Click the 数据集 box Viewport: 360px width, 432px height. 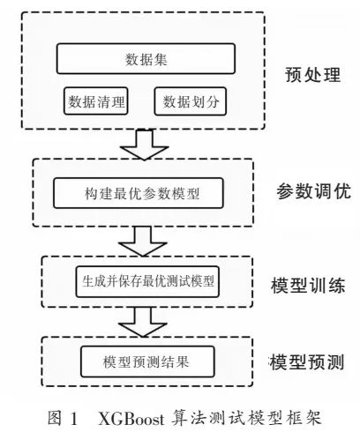[146, 58]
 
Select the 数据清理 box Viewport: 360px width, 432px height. [96, 101]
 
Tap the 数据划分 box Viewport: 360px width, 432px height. [191, 101]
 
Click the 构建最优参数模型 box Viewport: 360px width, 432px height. [139, 193]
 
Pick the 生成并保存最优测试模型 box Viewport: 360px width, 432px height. [147, 281]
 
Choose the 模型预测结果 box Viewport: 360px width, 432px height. [147, 361]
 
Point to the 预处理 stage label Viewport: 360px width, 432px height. [313, 75]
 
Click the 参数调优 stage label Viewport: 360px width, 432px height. [313, 191]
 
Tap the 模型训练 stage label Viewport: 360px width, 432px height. [308, 285]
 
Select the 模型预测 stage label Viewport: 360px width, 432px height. [307, 361]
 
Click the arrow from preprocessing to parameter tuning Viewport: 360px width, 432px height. [144, 145]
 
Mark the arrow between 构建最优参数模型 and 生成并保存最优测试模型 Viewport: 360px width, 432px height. [143, 241]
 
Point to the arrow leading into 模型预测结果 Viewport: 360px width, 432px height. [143, 322]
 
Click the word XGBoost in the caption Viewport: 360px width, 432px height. [131, 418]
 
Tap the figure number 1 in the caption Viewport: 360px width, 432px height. [73, 418]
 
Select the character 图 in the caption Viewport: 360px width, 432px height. [55, 418]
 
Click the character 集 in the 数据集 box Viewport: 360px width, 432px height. [161, 59]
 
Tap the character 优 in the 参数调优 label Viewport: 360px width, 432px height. [342, 191]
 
